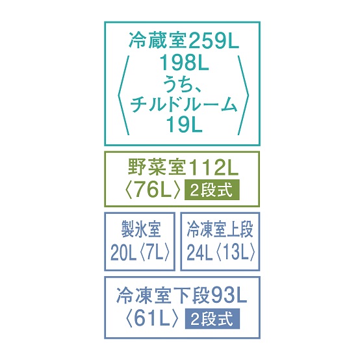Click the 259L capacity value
(x=214, y=42)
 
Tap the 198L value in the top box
(x=184, y=63)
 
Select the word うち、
(x=183, y=84)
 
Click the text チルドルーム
(x=183, y=105)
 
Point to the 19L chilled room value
(x=184, y=125)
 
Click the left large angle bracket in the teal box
(x=123, y=95)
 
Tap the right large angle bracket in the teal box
(x=243, y=95)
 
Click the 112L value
(x=212, y=168)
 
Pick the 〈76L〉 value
(x=153, y=190)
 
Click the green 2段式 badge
(x=212, y=190)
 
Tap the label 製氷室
(x=141, y=229)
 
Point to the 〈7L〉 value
(x=155, y=251)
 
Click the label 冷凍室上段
(x=220, y=229)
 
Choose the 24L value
(x=199, y=251)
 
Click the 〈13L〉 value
(x=235, y=251)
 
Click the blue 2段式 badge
(x=212, y=318)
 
